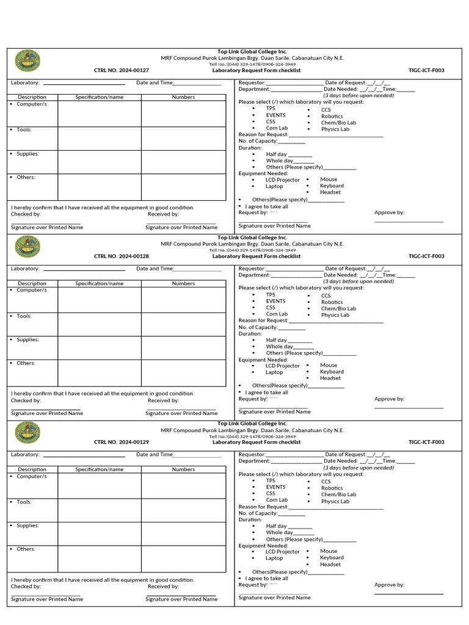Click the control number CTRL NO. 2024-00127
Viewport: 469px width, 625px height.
121,70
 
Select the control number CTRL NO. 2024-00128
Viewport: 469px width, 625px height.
121,256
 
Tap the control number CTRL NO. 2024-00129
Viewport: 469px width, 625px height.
121,442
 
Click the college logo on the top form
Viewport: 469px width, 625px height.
27,60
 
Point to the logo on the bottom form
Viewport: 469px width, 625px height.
27,433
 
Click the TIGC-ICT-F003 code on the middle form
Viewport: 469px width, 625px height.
426,256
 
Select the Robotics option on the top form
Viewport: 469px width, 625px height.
332,116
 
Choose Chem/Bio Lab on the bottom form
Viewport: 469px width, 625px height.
338,494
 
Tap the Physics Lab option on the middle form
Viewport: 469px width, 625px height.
335,315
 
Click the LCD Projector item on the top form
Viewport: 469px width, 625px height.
282,180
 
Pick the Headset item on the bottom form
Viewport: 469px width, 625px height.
330,564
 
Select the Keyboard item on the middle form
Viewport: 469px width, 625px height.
332,372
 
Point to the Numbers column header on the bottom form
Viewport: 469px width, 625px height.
183,469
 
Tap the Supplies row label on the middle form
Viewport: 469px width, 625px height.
27,339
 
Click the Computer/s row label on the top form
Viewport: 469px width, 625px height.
31,104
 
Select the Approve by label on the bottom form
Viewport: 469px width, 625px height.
389,585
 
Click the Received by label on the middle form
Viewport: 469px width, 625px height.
163,400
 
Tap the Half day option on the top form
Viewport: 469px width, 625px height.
276,154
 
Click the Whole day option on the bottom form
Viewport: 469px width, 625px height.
279,532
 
